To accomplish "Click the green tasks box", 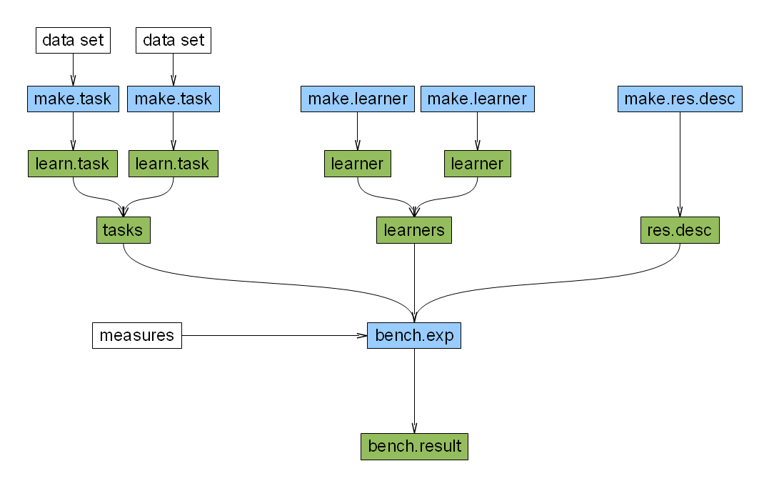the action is pos(123,229).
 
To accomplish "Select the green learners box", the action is pos(414,229).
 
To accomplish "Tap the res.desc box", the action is pos(680,229).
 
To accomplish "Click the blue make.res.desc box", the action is pos(680,99).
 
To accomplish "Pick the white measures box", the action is pos(137,335).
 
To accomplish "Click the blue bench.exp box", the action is pos(414,335).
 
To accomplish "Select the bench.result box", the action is pos(414,446).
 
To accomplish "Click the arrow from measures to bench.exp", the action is pos(274,335).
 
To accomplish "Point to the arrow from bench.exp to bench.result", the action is pos(414,391).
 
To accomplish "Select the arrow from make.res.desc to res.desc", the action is pos(680,164).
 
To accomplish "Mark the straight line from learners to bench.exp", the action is pos(414,283).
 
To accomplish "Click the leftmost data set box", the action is pos(73,40).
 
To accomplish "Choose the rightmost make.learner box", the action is pos(477,99).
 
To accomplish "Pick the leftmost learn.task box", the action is pos(73,164).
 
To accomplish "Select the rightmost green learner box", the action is pos(477,164).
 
